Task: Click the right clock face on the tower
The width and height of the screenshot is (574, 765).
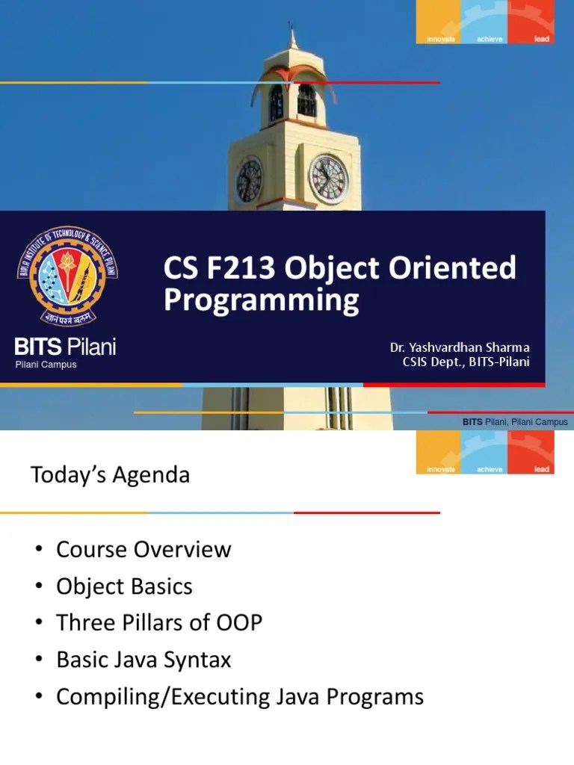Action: click(x=329, y=179)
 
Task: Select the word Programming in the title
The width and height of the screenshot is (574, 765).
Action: click(x=261, y=300)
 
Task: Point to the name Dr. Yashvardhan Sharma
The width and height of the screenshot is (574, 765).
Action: click(x=460, y=348)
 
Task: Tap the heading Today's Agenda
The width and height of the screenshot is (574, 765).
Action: click(x=110, y=475)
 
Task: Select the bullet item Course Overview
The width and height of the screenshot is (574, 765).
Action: click(x=143, y=550)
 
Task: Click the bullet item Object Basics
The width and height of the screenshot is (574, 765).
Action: click(x=124, y=586)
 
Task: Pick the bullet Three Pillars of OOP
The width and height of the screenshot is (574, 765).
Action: click(x=159, y=623)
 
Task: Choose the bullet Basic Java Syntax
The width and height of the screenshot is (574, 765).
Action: click(x=143, y=660)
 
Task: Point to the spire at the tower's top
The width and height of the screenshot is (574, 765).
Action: click(x=292, y=37)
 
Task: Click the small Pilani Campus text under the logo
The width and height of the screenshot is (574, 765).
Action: click(x=46, y=365)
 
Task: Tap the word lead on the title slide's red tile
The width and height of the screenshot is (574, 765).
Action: click(x=542, y=39)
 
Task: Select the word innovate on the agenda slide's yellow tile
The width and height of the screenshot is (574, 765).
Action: click(x=441, y=469)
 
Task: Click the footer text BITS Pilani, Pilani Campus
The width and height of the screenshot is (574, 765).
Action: click(x=515, y=422)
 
